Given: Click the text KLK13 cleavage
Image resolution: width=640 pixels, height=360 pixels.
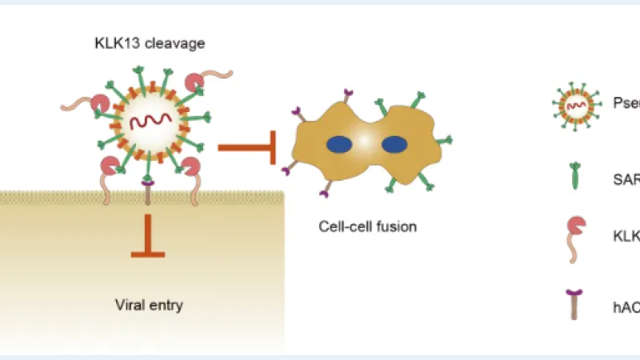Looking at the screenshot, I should (x=149, y=42).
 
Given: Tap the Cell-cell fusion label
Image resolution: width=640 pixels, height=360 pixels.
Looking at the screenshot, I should (x=367, y=226).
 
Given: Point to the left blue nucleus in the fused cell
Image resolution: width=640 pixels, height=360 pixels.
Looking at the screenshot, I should (x=338, y=145).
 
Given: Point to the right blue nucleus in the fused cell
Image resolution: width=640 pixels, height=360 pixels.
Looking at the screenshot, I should (x=394, y=145).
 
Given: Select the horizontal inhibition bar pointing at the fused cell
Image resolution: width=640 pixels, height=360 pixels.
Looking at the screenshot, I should (x=247, y=146).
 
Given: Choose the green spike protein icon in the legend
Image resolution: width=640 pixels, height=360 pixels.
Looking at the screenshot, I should (x=573, y=177).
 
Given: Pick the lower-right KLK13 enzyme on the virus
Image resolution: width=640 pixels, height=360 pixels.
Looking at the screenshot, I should (x=190, y=167).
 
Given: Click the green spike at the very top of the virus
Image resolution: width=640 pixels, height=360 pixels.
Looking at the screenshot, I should (x=150, y=65).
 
